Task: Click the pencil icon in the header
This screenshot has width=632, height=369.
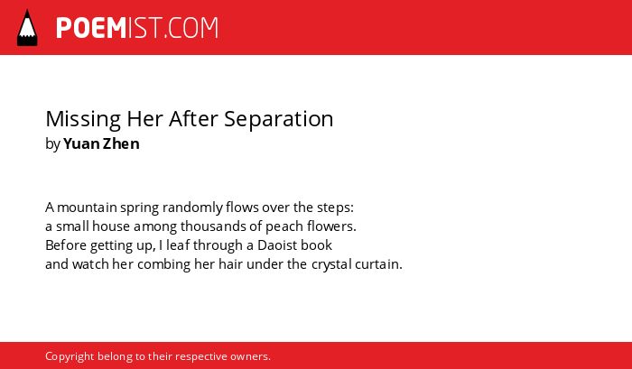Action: tap(27, 28)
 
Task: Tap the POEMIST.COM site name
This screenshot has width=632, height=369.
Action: tap(137, 28)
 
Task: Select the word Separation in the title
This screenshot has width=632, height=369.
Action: tap(278, 120)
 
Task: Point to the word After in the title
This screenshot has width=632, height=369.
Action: tap(193, 119)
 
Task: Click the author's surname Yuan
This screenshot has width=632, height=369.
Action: tap(81, 143)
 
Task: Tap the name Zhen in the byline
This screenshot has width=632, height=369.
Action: tap(121, 143)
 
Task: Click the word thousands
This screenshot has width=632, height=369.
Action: tap(213, 226)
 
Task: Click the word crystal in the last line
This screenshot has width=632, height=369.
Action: tap(331, 265)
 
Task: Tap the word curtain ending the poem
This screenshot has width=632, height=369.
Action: tap(378, 264)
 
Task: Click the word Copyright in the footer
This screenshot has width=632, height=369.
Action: tap(70, 357)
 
